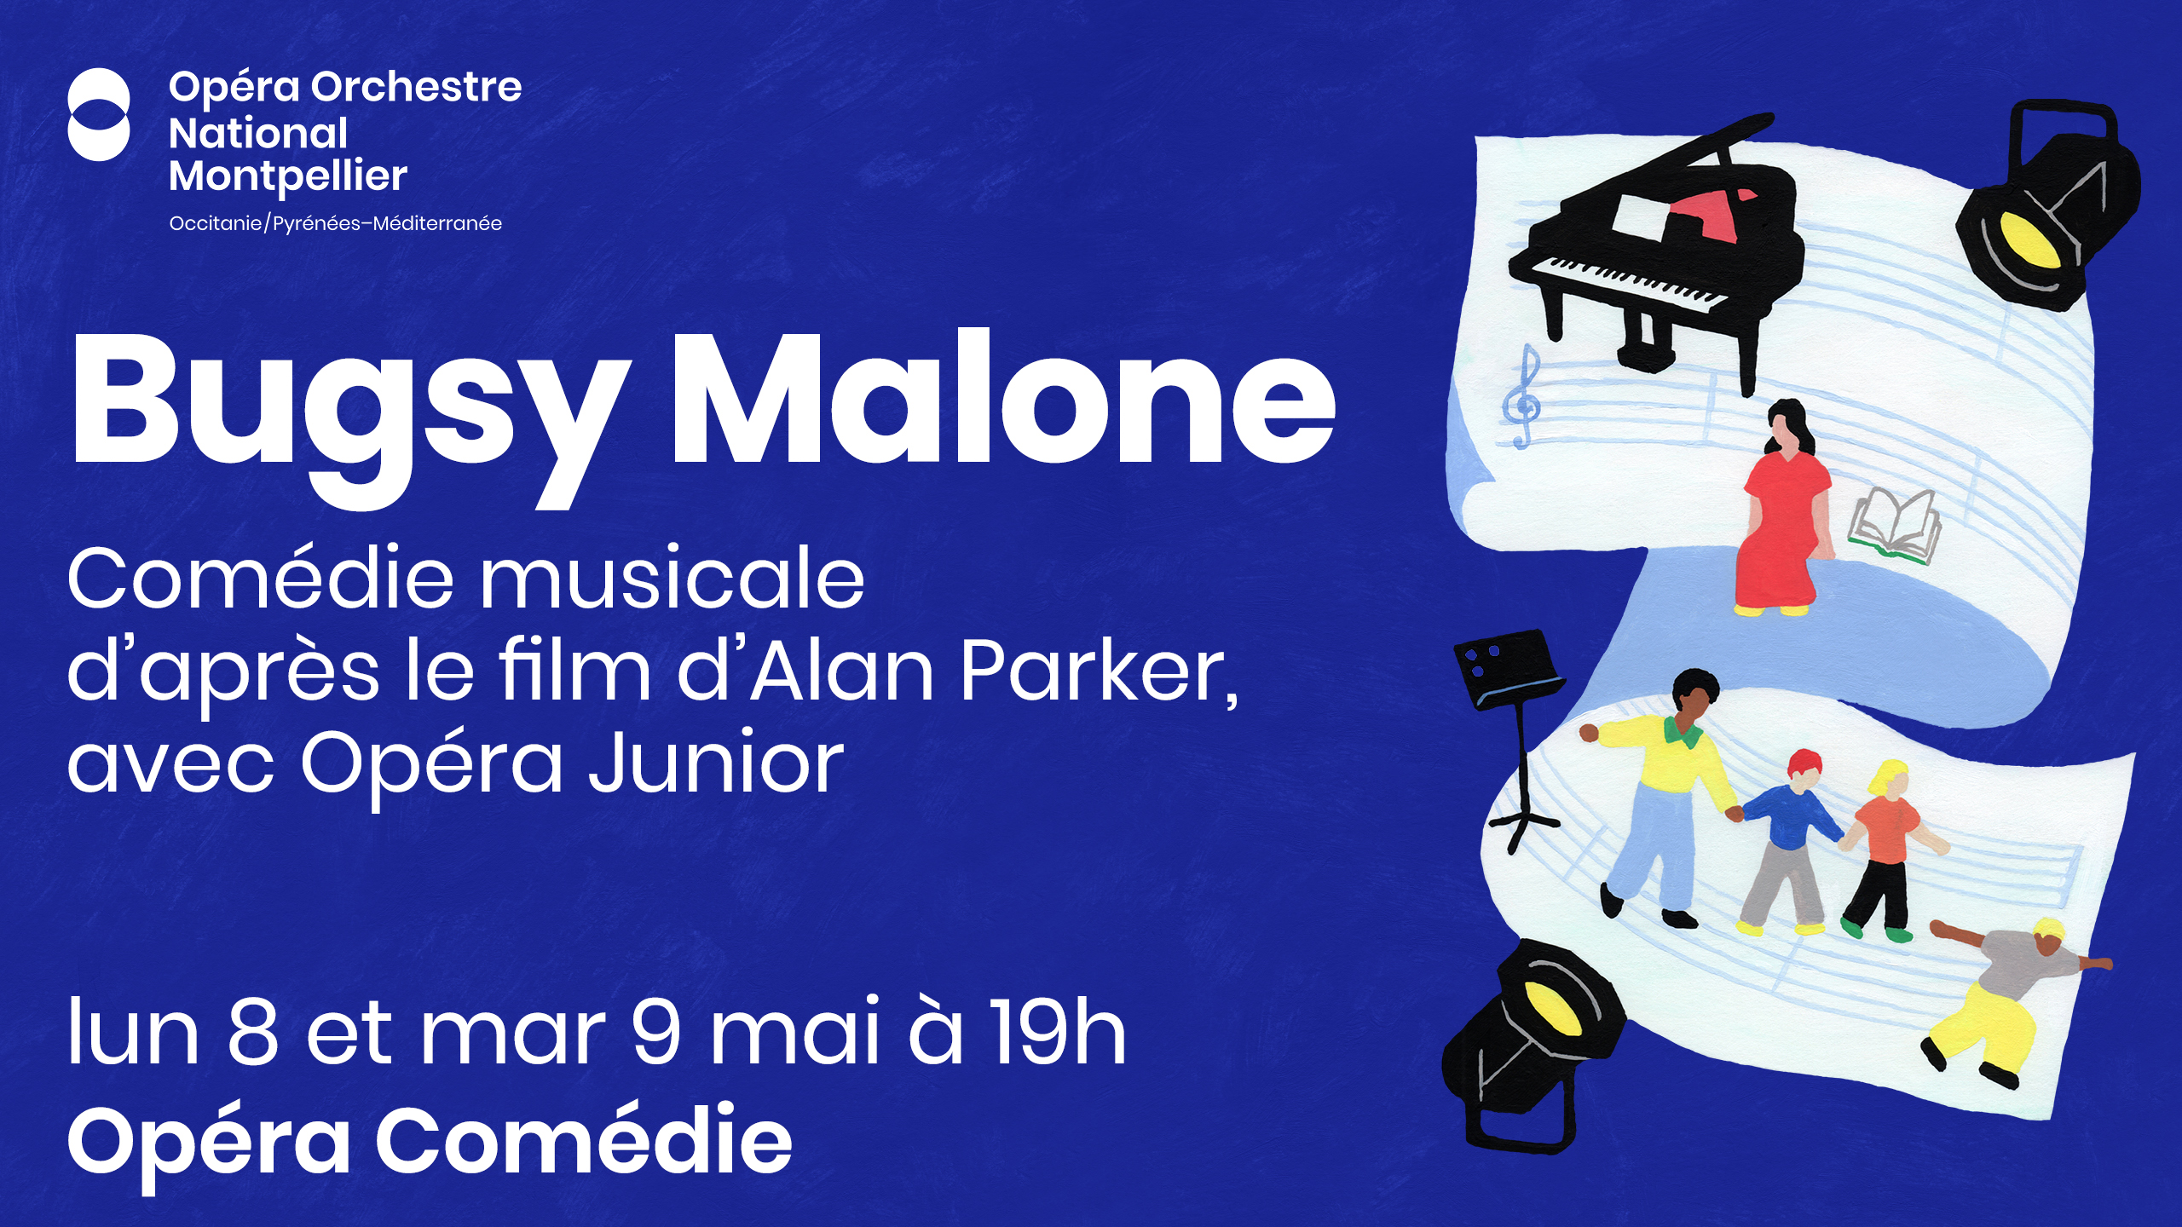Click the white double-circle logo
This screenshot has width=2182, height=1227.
coord(99,114)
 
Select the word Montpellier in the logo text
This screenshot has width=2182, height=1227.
coord(288,176)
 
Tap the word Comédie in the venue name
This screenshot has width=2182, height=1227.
coord(584,1140)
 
